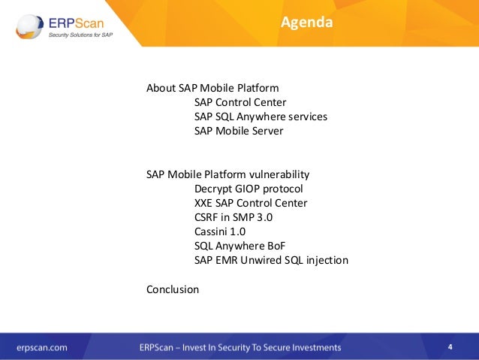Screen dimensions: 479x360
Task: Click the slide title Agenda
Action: [307, 23]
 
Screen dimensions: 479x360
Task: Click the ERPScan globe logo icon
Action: [29, 26]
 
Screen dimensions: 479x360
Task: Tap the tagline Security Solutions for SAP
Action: [80, 35]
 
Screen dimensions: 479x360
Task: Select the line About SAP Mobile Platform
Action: [212, 88]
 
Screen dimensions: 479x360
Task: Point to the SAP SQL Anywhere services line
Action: [261, 116]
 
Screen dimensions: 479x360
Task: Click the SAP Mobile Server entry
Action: [239, 131]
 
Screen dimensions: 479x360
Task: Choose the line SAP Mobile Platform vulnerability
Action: [228, 174]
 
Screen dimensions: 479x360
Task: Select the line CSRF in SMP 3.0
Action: [233, 217]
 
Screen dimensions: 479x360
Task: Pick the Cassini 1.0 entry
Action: [220, 231]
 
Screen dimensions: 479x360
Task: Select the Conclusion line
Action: [173, 289]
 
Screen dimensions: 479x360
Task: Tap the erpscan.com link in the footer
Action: [42, 348]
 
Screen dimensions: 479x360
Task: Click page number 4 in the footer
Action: [450, 347]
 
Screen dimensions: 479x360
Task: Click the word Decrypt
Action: [212, 189]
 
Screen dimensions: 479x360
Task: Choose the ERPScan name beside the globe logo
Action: [77, 23]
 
